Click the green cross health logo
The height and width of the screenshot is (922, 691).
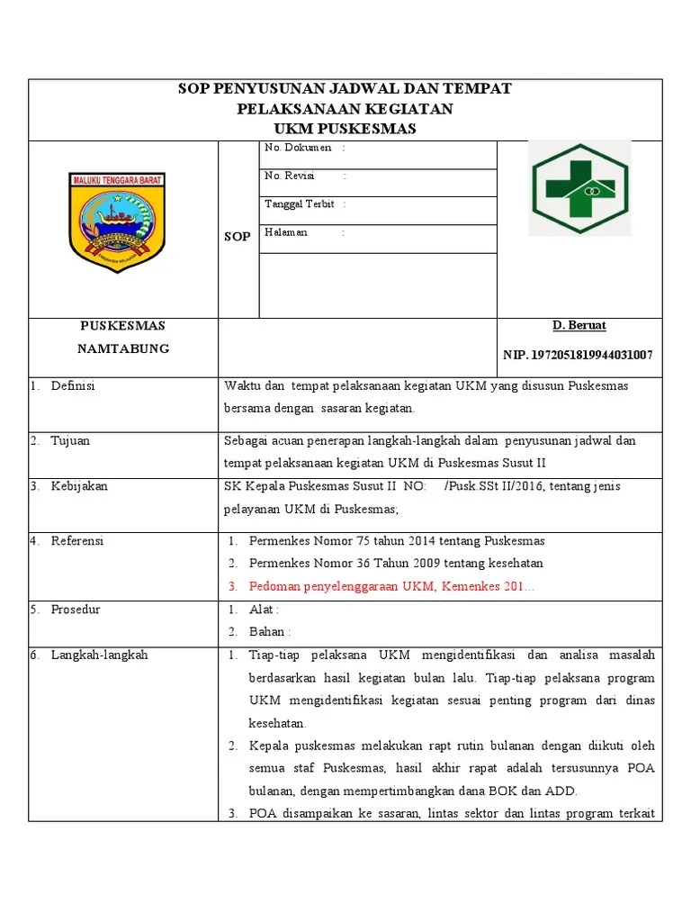coord(579,188)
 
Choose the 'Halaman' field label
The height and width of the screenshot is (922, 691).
coord(286,232)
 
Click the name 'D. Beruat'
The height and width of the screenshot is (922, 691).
coord(579,325)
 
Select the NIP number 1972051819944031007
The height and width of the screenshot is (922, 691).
coord(579,355)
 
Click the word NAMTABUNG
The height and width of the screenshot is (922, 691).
coord(123,349)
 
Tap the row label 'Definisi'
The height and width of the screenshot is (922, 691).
coord(73,386)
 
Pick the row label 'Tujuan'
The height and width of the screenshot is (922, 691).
coord(70,441)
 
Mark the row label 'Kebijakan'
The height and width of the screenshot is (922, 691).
coord(79,486)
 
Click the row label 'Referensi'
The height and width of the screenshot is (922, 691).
coord(77,541)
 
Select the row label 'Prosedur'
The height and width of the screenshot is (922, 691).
coord(76,610)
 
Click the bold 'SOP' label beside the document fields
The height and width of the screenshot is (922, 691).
coord(238,236)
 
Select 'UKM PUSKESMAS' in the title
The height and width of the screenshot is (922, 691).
coord(345,129)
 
